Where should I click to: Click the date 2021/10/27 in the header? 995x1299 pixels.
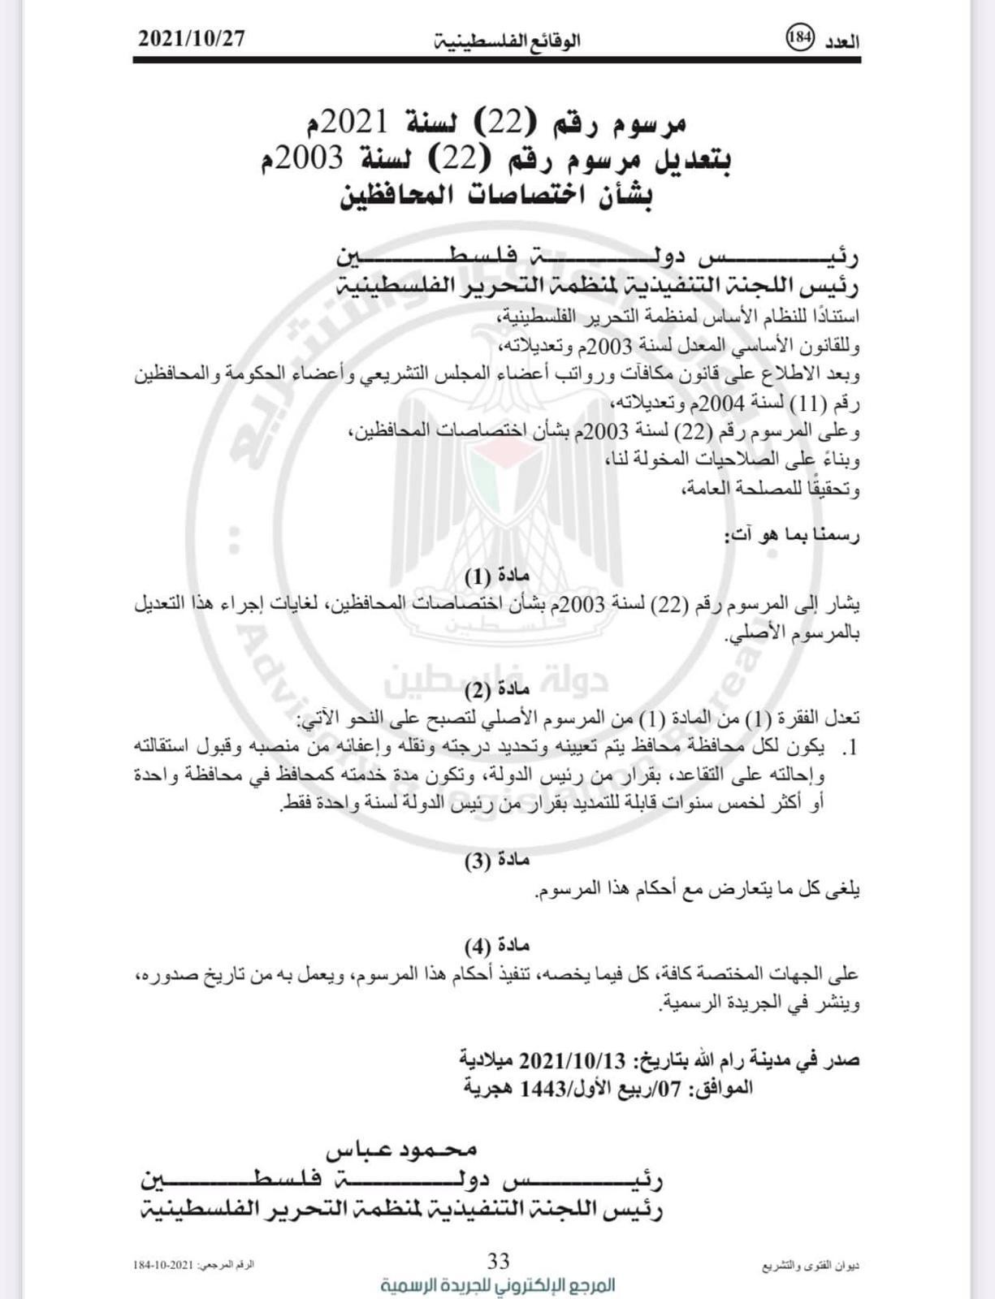192,38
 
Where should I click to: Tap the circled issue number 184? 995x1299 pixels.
800,38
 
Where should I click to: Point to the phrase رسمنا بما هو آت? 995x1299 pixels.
791,535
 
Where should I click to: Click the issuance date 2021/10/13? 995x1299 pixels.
573,1060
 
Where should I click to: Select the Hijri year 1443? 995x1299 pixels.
542,1088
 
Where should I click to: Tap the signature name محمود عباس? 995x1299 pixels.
401,1150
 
